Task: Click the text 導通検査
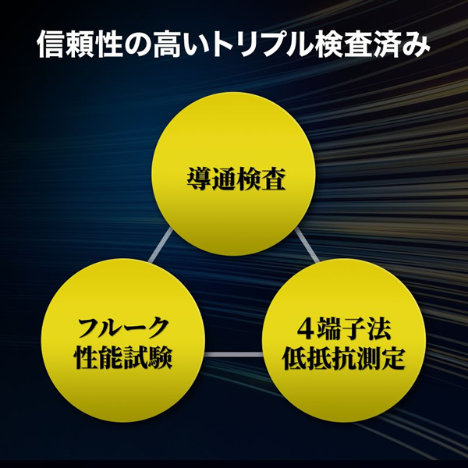(234, 179)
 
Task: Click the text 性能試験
(122, 360)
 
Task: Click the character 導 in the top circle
(197, 179)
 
